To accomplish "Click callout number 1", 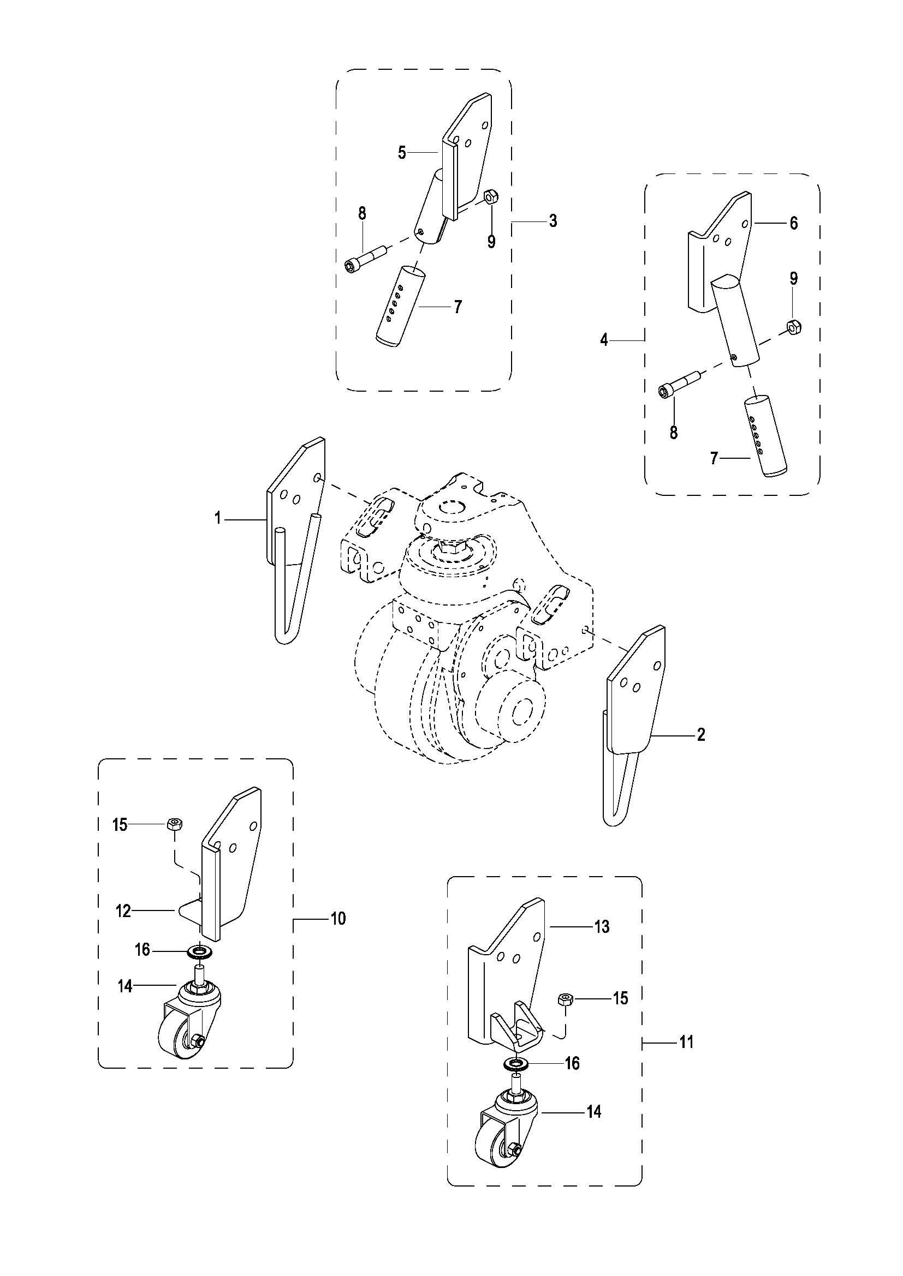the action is pyautogui.click(x=218, y=518).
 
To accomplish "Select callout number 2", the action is pyautogui.click(x=701, y=735).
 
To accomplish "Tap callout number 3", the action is pyautogui.click(x=553, y=220).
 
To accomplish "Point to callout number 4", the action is pyautogui.click(x=604, y=339).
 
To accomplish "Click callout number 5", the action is pyautogui.click(x=402, y=152).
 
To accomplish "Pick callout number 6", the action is pyautogui.click(x=793, y=223).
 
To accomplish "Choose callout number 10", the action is pyautogui.click(x=338, y=919).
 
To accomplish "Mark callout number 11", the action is pyautogui.click(x=687, y=1042).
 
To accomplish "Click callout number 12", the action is pyautogui.click(x=123, y=911).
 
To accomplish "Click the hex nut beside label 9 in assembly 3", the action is pyautogui.click(x=490, y=196).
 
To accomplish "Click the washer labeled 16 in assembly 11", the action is pyautogui.click(x=517, y=1063).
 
